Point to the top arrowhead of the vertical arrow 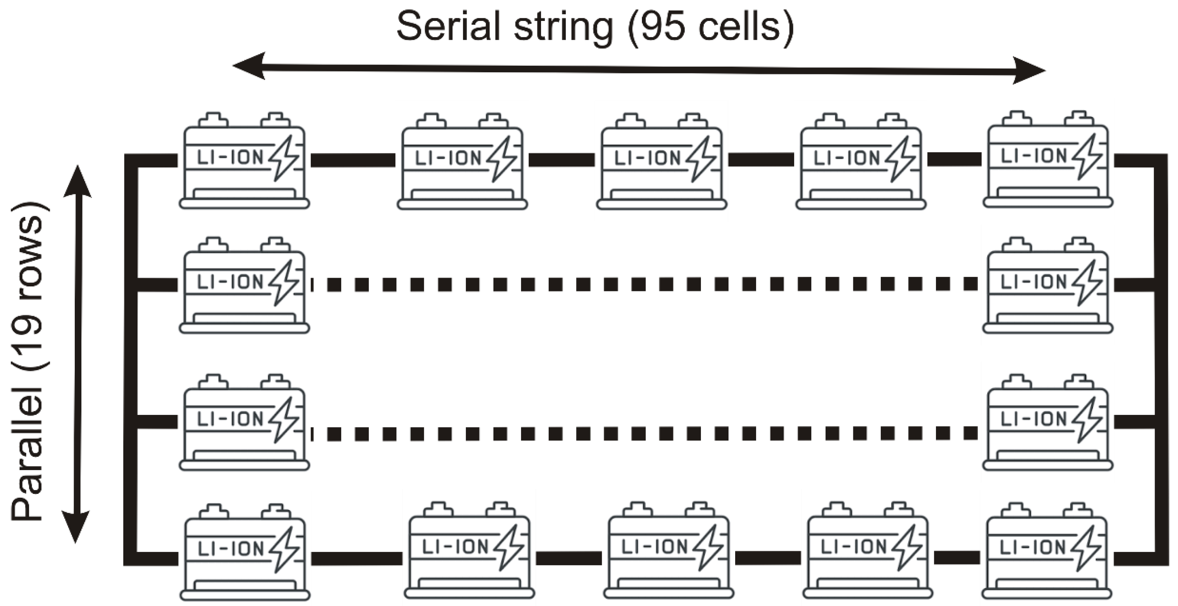[x=77, y=181]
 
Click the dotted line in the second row [x=645, y=284]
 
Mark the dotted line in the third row [x=645, y=433]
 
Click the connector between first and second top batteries [x=353, y=160]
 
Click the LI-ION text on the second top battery [x=448, y=158]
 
